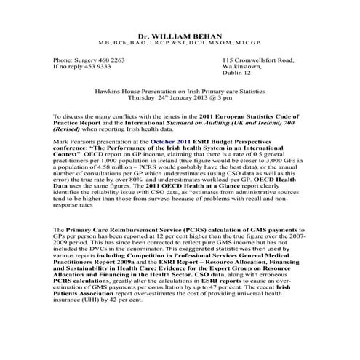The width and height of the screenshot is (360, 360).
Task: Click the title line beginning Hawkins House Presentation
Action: click(180, 91)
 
